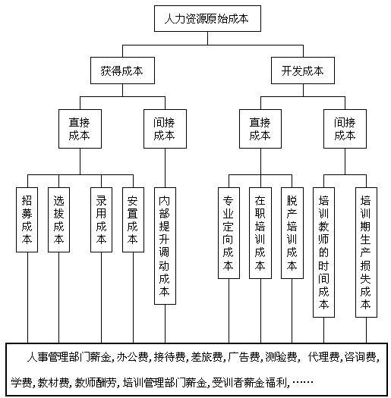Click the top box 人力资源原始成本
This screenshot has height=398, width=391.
207,18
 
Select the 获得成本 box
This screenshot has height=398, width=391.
122,71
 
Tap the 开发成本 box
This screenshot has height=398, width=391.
303,71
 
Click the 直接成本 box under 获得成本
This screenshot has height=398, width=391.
80,129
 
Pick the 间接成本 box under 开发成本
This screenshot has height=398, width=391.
345,129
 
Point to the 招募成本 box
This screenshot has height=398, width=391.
27,220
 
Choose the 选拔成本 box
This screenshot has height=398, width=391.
58,220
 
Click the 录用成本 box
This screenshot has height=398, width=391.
102,220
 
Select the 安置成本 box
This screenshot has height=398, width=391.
133,220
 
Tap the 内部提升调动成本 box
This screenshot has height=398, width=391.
165,246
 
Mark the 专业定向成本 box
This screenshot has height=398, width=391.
229,233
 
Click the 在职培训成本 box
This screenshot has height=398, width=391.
260,233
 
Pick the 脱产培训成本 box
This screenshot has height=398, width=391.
292,233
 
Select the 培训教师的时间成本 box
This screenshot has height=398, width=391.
323,252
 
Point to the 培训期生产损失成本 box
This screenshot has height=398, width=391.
366,252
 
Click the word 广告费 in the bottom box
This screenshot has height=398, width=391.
244,357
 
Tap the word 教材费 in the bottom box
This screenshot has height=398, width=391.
53,382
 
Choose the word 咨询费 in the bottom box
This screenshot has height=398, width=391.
360,357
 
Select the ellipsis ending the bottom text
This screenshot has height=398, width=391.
303,382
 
